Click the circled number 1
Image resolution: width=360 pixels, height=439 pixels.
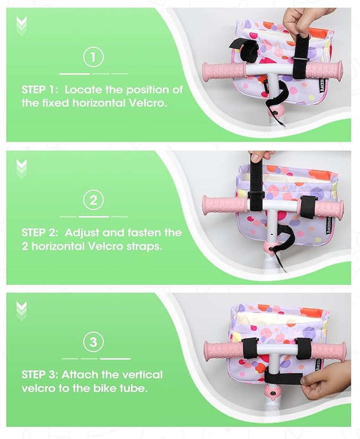[93, 57]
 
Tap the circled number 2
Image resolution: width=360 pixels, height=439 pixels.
[93, 200]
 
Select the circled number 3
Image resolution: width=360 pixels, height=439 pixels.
[93, 342]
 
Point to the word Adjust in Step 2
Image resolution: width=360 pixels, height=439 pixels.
[82, 233]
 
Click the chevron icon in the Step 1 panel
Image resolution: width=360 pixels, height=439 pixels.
[22, 27]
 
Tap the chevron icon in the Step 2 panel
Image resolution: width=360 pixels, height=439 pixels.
[22, 169]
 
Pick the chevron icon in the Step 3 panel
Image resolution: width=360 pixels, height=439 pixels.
[22, 311]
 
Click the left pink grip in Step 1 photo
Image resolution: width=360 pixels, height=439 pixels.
[224, 72]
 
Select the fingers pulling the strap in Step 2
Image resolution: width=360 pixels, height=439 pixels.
[262, 156]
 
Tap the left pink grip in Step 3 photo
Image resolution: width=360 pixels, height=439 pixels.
[224, 350]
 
